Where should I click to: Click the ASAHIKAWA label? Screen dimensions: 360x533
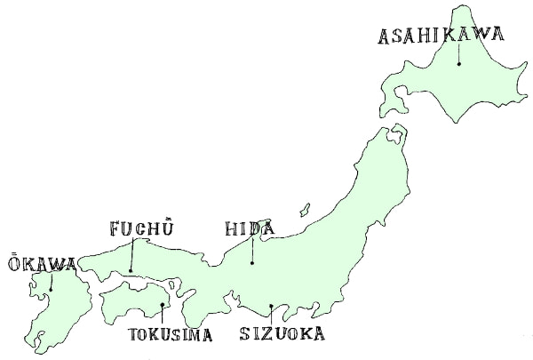[x=441, y=36]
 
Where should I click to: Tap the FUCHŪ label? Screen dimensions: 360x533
[x=140, y=228]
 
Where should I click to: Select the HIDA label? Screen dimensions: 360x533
[x=250, y=229]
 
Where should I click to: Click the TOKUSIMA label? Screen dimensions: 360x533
[x=171, y=335]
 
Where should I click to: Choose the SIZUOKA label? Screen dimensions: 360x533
[x=282, y=334]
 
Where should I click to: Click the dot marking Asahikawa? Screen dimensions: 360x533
[x=458, y=64]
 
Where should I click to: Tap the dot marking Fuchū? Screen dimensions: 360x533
[x=130, y=271]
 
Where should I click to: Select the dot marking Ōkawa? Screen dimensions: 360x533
[x=51, y=289]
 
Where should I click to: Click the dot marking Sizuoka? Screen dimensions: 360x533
[x=271, y=307]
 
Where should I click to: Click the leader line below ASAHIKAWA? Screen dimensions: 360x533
[x=458, y=53]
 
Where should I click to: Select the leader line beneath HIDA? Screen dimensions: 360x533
[x=251, y=251]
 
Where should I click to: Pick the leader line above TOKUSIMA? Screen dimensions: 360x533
[x=162, y=316]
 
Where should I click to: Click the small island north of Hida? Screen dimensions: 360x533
[x=304, y=210]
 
